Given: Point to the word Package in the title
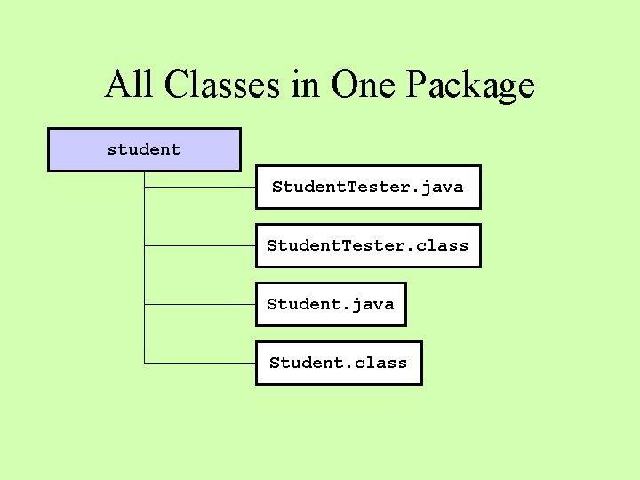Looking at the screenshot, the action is (x=470, y=86).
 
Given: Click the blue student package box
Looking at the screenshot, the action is (x=143, y=149).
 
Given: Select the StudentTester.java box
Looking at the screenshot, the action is (x=368, y=187).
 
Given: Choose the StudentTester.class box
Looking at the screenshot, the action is (x=368, y=245).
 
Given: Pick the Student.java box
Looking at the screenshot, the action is (x=331, y=304).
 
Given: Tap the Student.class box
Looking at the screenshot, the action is (x=339, y=363).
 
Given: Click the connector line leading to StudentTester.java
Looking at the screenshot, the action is (x=200, y=188).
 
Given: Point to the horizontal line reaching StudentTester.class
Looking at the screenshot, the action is (x=200, y=245).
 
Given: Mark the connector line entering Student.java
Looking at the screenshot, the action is (x=200, y=304).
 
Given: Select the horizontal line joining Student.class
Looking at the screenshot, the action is (x=200, y=363).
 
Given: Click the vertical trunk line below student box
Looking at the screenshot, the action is (x=144, y=267).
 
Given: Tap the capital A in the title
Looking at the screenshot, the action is (x=116, y=84).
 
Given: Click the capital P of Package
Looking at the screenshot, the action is (x=417, y=84).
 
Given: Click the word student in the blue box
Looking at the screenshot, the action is (x=143, y=149).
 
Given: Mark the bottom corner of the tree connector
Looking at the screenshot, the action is (x=144, y=363).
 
